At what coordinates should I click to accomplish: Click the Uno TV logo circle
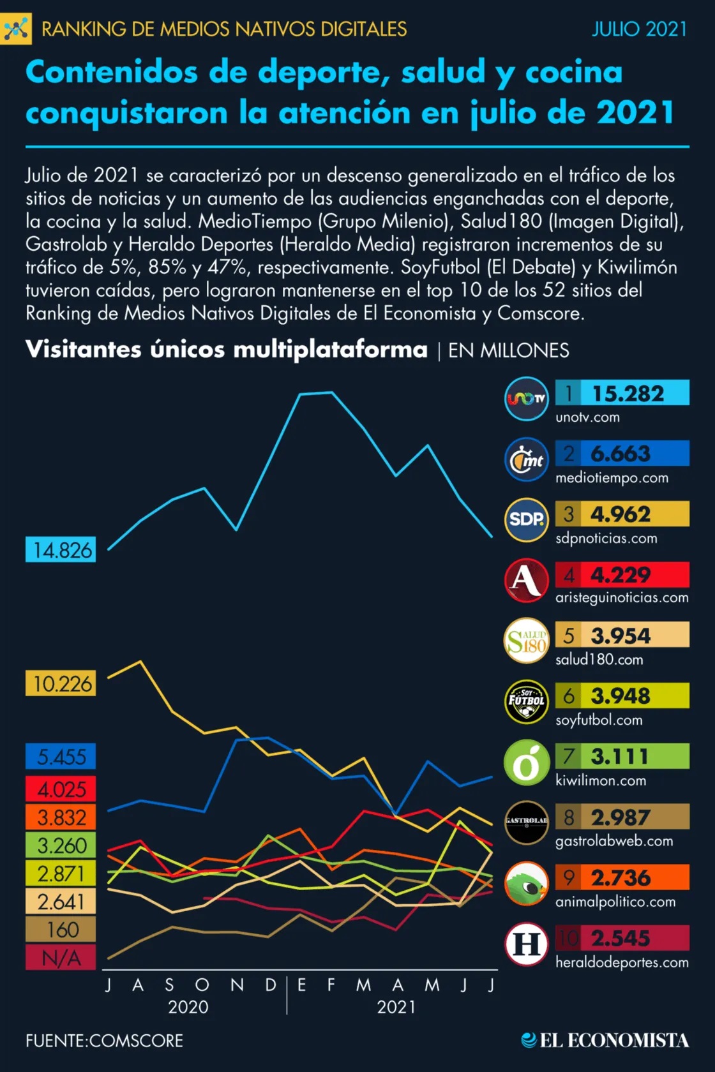(x=526, y=399)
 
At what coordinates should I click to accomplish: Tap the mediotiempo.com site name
(x=612, y=478)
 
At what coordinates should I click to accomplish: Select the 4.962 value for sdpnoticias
(x=620, y=514)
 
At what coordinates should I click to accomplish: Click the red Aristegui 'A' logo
(x=526, y=581)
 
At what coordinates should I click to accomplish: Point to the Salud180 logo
(x=526, y=641)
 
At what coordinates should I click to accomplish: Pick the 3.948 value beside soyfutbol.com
(x=620, y=696)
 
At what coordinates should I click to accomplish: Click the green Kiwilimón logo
(x=526, y=763)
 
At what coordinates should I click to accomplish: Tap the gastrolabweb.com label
(x=613, y=841)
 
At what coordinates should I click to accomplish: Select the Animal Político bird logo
(x=526, y=884)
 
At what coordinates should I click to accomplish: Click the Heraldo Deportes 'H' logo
(x=526, y=944)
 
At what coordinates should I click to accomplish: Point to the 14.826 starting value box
(x=61, y=550)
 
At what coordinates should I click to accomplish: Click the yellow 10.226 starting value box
(x=61, y=684)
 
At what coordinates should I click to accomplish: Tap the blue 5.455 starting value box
(x=61, y=757)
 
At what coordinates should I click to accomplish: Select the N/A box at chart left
(x=61, y=958)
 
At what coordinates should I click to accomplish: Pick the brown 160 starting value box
(x=61, y=930)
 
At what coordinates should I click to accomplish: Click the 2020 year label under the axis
(x=188, y=1007)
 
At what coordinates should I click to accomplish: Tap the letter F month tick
(x=331, y=985)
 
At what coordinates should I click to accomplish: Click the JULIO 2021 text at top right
(x=639, y=29)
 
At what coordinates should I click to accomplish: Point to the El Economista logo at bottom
(x=605, y=1041)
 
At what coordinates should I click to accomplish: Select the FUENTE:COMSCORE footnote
(x=104, y=1041)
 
